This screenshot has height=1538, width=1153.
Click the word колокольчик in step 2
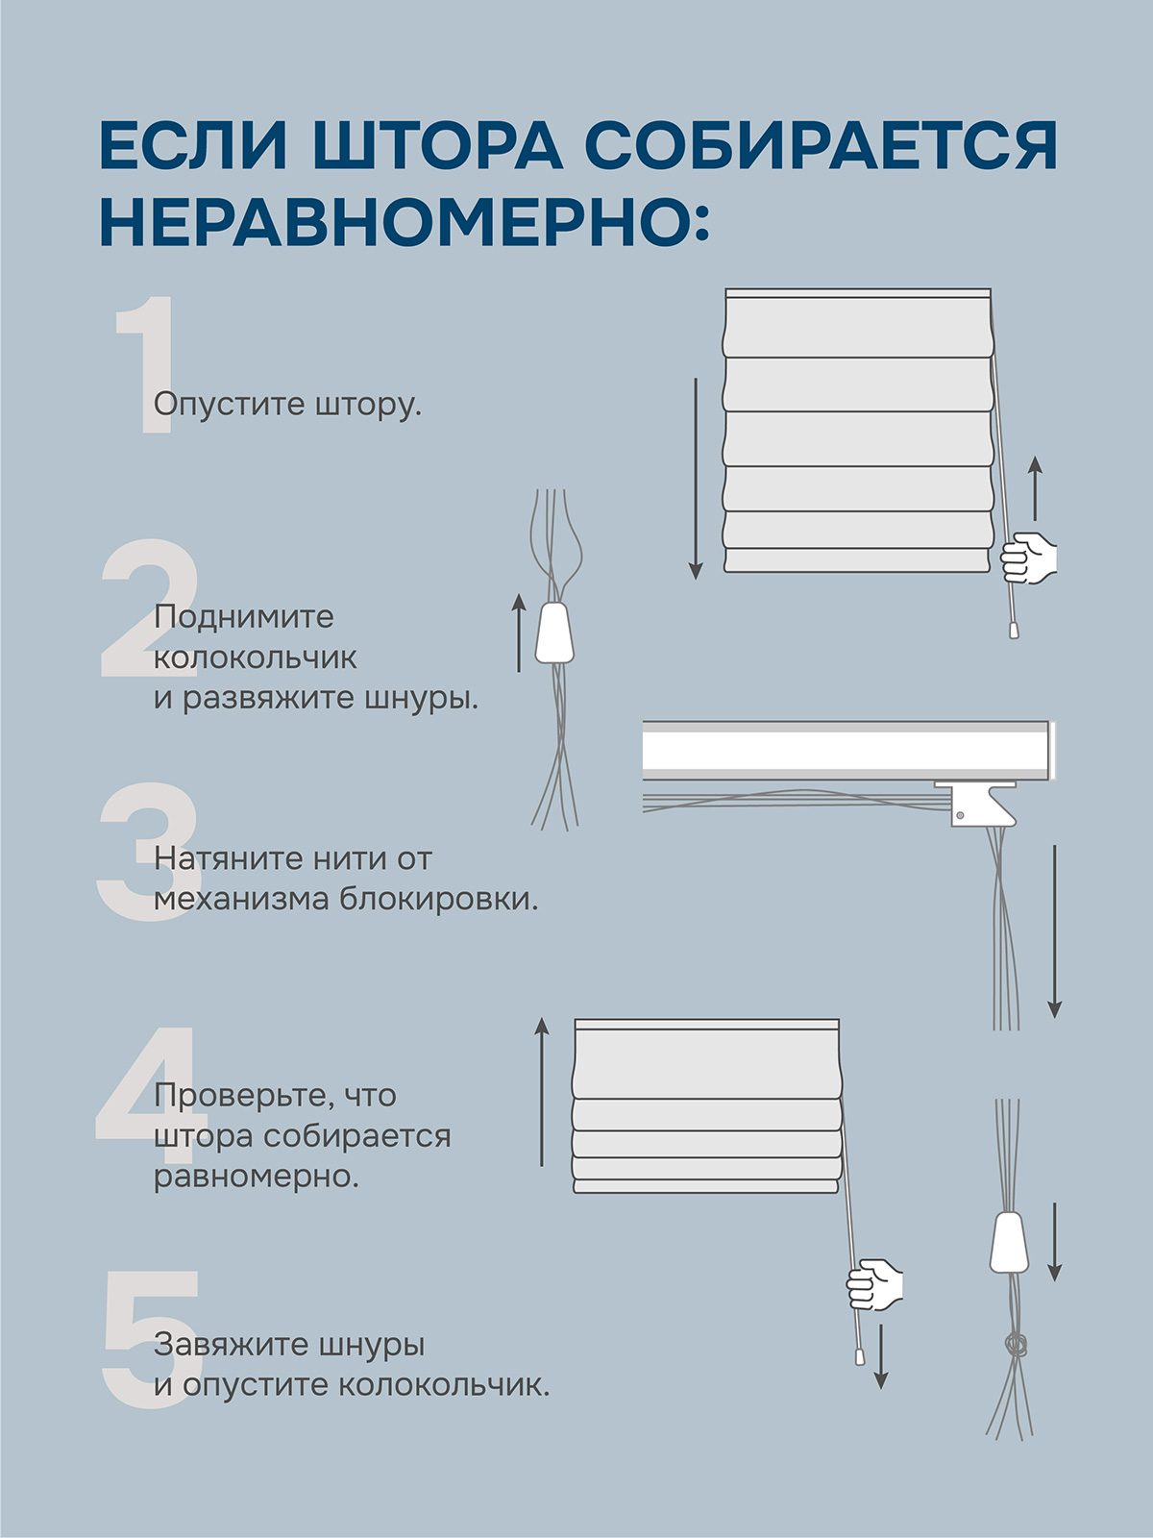click(256, 657)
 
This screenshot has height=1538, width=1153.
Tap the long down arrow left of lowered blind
click(695, 479)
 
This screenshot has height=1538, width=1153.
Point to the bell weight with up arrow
click(555, 633)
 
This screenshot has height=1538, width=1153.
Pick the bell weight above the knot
click(1010, 1243)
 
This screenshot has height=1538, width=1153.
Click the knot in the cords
click(1015, 1343)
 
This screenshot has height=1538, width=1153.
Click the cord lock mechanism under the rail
click(978, 804)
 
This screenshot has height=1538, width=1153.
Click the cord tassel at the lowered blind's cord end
click(1013, 629)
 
